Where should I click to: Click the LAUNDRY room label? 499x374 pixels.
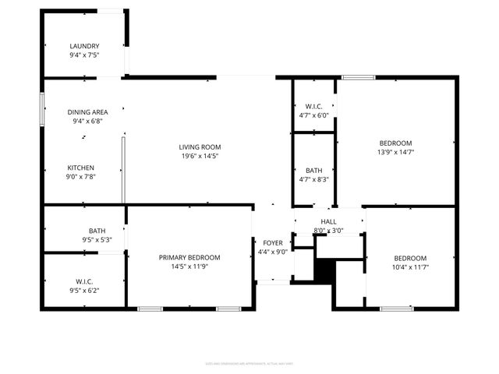tap(84, 46)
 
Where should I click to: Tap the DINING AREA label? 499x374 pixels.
tap(87, 112)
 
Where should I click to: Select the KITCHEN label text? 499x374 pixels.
tap(81, 168)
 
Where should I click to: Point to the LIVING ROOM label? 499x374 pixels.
tap(200, 146)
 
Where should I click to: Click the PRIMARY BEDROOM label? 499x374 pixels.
tap(189, 257)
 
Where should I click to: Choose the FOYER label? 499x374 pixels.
tap(273, 243)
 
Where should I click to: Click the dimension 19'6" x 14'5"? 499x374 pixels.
tap(200, 156)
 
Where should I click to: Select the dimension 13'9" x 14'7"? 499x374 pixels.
tap(395, 152)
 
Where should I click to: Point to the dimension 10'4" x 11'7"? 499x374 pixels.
tap(409, 267)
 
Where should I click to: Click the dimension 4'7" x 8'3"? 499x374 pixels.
tap(314, 179)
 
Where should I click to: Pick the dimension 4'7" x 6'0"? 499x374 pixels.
tap(314, 115)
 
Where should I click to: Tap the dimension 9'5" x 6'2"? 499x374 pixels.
tap(84, 291)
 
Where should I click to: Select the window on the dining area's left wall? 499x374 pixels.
tap(43, 109)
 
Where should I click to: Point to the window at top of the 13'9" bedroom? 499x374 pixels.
tap(358, 77)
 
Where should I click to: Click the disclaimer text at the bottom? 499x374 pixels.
tap(249, 363)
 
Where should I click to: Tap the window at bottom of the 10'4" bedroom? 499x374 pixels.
tap(397, 309)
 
